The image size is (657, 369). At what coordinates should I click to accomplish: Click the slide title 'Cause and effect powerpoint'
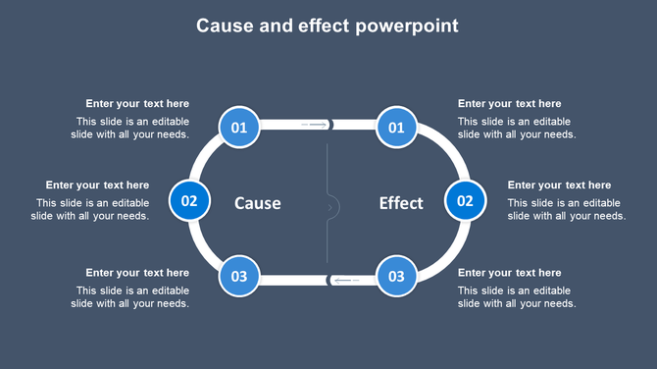[x=328, y=26]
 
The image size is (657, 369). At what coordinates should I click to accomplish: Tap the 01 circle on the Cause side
[x=239, y=127]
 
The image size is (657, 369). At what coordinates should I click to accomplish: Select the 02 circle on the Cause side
[x=189, y=201]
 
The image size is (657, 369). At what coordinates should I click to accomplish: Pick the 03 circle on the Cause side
[x=239, y=276]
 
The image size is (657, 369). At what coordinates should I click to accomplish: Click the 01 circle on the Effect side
[x=396, y=127]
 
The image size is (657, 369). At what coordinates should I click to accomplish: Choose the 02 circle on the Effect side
[x=465, y=201]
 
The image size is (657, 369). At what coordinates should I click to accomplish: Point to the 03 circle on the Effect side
[x=396, y=276]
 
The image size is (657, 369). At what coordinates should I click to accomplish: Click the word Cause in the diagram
[x=258, y=203]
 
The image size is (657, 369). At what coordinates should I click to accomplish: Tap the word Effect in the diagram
[x=401, y=203]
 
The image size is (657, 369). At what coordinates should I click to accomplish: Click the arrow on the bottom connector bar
[x=346, y=280]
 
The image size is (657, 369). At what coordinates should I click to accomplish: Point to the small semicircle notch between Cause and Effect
[x=332, y=206]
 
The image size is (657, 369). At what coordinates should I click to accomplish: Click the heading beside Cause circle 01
[x=137, y=104]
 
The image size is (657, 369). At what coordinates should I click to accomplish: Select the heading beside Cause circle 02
[x=97, y=184]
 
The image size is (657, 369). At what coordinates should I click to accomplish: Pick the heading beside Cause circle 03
[x=137, y=273]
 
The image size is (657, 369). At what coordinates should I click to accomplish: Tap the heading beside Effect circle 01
[x=510, y=104]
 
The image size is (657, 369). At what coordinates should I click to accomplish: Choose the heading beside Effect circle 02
[x=559, y=184]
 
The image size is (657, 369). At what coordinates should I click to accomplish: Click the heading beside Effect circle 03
[x=510, y=273]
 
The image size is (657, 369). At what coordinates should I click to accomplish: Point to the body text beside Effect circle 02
[x=566, y=209]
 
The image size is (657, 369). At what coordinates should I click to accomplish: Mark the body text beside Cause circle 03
[x=131, y=297]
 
